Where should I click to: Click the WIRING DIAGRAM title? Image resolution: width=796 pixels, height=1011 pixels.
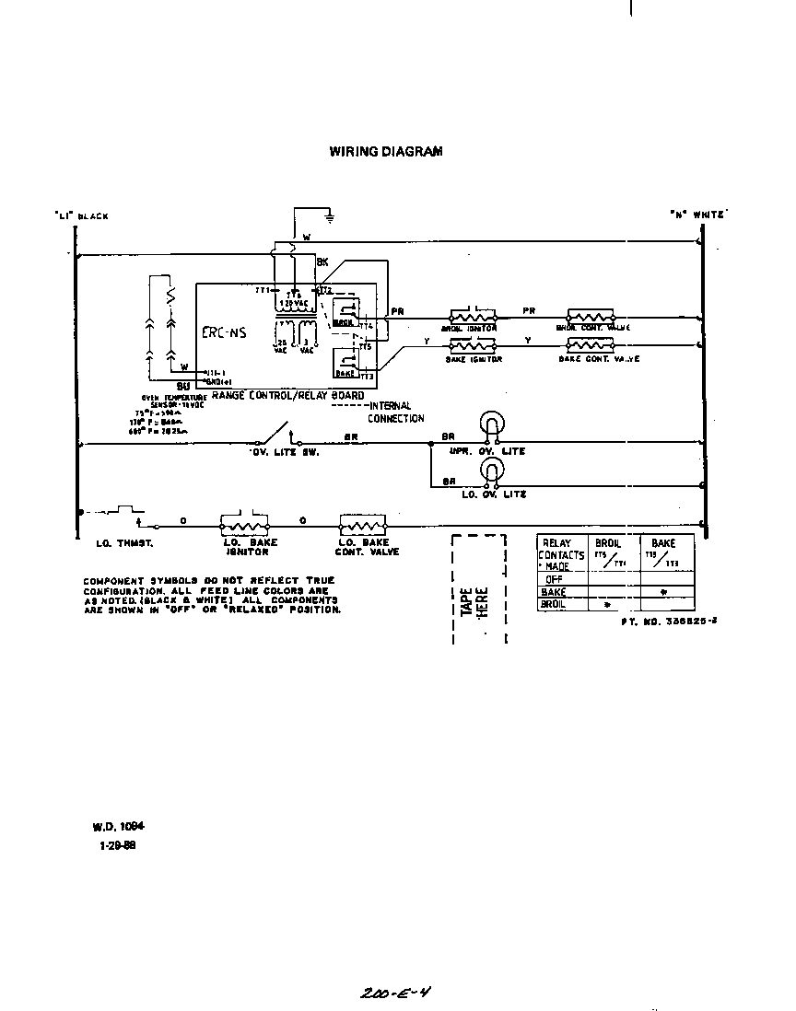pyautogui.click(x=385, y=151)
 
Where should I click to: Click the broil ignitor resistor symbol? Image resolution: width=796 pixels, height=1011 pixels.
pyautogui.click(x=473, y=316)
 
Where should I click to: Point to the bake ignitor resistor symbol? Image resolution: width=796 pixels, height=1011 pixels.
pyautogui.click(x=473, y=344)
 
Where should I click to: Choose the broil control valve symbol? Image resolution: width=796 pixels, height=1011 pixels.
pyautogui.click(x=591, y=316)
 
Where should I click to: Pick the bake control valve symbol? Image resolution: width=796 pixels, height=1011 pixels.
pyautogui.click(x=591, y=344)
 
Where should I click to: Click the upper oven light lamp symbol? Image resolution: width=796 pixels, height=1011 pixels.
pyautogui.click(x=492, y=425)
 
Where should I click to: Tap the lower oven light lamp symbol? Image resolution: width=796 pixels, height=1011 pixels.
pyautogui.click(x=492, y=471)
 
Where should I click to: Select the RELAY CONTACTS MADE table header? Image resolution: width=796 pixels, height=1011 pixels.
pyautogui.click(x=561, y=555)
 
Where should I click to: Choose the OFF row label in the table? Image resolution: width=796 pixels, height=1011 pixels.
pyautogui.click(x=554, y=579)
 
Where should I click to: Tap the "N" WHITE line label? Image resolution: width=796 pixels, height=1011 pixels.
pyautogui.click(x=697, y=215)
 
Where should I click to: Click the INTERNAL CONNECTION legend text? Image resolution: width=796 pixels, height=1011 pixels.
pyautogui.click(x=394, y=413)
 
